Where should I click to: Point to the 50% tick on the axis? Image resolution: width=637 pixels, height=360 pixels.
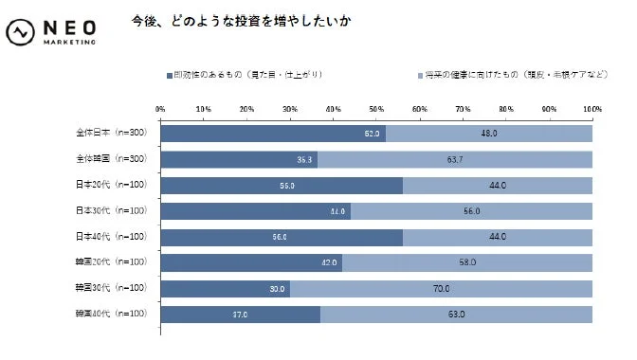click(x=376, y=110)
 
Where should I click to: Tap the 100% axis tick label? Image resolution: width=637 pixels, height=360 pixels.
click(x=592, y=110)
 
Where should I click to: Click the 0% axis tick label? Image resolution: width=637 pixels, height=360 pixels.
click(x=160, y=110)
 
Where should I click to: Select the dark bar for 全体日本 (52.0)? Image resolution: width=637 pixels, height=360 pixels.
click(x=272, y=134)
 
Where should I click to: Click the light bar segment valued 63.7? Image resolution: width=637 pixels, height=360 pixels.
click(x=455, y=159)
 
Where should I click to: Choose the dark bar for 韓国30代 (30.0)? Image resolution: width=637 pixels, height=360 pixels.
click(x=225, y=287)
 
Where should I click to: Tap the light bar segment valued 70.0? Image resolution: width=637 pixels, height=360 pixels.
click(x=441, y=287)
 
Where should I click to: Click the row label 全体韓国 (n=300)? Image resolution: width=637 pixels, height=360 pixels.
click(x=109, y=159)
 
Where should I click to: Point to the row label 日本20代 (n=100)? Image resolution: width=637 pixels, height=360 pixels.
click(x=109, y=185)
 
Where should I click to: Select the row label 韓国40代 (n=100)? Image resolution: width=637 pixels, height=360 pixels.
click(x=109, y=313)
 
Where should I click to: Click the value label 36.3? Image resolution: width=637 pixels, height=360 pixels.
click(x=305, y=160)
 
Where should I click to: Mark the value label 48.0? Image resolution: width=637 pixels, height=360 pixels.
click(x=489, y=135)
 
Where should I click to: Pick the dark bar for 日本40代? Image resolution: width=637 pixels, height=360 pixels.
click(x=281, y=236)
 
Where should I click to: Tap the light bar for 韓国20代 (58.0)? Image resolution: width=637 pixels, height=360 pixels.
click(x=467, y=261)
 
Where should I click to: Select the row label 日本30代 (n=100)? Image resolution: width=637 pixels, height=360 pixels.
click(x=109, y=210)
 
